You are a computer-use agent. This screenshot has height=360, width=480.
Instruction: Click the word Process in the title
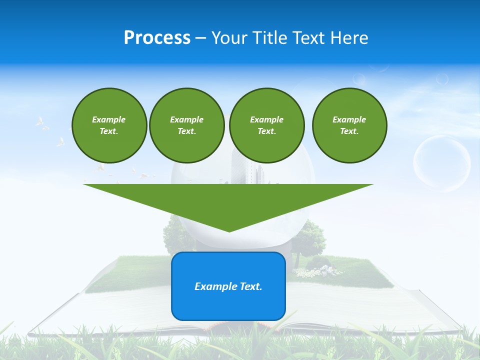pos(157,38)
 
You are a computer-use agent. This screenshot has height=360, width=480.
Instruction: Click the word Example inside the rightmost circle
pos(349,119)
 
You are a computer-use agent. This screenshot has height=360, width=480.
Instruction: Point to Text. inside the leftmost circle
pos(109,131)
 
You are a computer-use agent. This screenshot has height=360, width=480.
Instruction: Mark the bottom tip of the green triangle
pos(228,230)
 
